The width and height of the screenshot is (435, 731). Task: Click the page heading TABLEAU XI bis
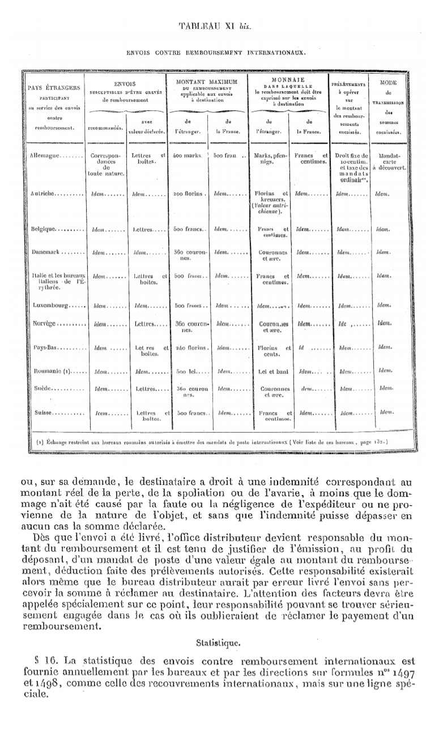(x=215, y=27)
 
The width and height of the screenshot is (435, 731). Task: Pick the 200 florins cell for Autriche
(x=189, y=193)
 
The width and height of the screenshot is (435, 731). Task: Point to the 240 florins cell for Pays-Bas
(x=188, y=347)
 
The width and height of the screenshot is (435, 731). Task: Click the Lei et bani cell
(x=270, y=372)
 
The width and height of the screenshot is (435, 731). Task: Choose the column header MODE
(x=388, y=82)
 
